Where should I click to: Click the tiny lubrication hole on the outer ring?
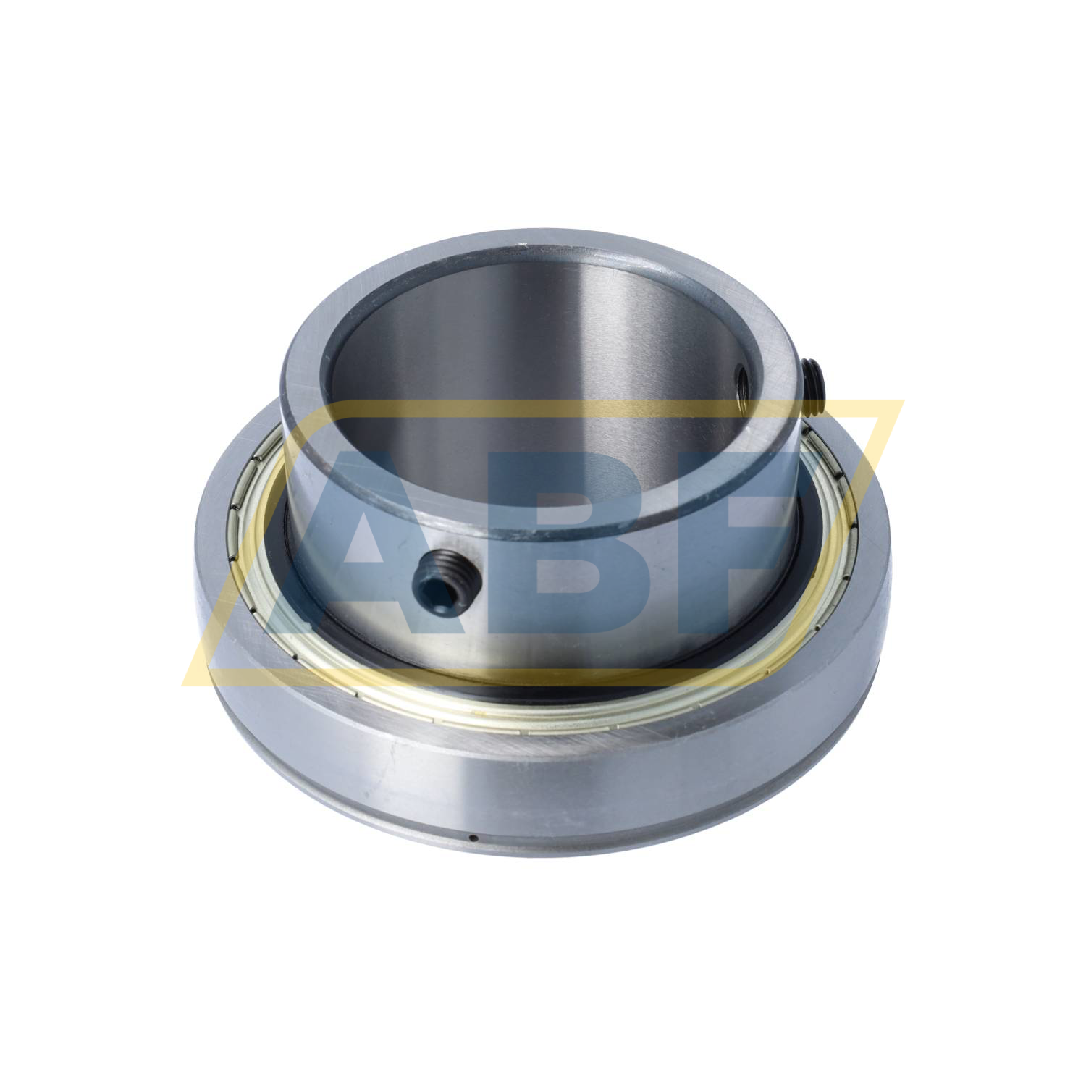pos(472,838)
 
